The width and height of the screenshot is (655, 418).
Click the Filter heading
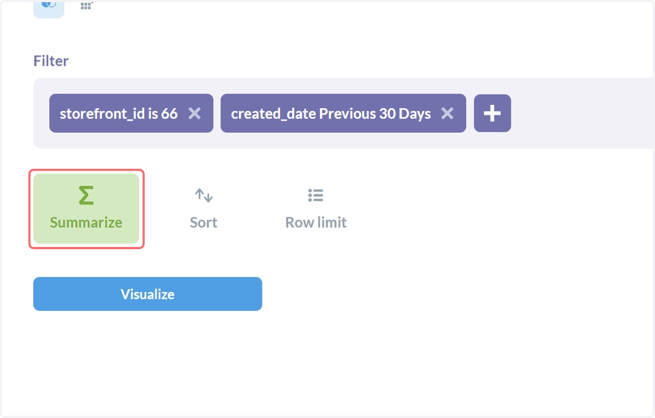click(x=51, y=61)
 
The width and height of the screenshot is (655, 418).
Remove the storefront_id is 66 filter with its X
click(x=194, y=113)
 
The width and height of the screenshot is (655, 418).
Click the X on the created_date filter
click(x=447, y=113)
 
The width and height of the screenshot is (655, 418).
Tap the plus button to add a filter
click(x=492, y=113)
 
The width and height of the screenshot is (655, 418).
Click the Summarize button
click(x=86, y=209)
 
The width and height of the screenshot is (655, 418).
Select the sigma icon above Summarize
click(x=86, y=195)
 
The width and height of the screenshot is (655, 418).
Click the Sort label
click(x=204, y=222)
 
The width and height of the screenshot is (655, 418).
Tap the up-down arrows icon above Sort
click(x=204, y=195)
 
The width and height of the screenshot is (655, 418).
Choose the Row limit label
click(x=316, y=222)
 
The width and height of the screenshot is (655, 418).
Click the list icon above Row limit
click(x=316, y=195)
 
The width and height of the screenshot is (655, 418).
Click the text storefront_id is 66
click(x=119, y=114)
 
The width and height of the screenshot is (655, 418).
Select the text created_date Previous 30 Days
click(x=331, y=114)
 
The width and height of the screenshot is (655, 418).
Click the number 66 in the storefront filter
click(x=169, y=114)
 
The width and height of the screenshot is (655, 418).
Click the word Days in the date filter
click(x=415, y=114)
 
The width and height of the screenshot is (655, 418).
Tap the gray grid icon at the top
click(x=87, y=5)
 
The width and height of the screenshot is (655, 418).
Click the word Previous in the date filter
click(x=347, y=114)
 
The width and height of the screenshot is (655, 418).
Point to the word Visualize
click(x=148, y=294)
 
